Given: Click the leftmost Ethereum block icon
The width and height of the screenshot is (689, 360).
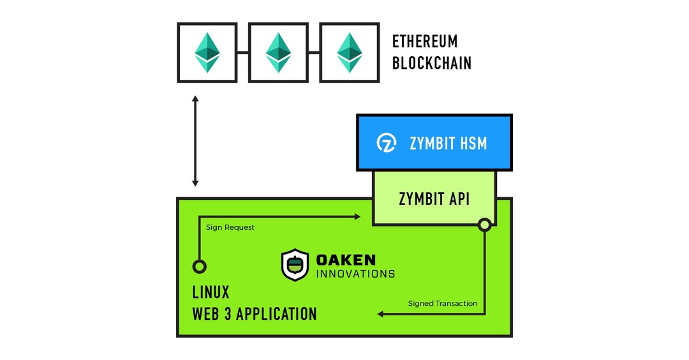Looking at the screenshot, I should tap(207, 52).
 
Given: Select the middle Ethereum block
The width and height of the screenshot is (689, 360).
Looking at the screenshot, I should tap(278, 52).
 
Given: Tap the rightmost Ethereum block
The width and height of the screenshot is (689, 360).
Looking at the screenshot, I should tap(349, 52).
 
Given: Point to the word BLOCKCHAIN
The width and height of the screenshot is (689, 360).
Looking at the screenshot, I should tap(431, 63).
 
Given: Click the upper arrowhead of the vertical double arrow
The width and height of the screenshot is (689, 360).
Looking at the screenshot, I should tap(196, 100).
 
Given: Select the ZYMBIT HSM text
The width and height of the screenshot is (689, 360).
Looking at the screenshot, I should tap(448, 144).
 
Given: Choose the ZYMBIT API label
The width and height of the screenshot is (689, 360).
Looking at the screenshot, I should tap(434, 199).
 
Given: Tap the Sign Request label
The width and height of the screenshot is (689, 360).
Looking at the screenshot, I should tap(230, 227).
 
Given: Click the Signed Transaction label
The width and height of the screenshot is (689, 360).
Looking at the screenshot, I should tap(442, 303).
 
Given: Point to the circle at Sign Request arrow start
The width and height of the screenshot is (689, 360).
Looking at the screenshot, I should tap(199, 266).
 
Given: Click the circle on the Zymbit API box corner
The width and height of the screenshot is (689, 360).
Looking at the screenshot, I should tap(484, 225).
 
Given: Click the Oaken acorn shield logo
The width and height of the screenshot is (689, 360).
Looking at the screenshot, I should tap(295, 266).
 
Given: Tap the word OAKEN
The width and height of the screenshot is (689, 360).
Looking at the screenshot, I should tap(346, 260).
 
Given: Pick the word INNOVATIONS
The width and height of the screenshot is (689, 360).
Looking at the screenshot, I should tap(355, 274).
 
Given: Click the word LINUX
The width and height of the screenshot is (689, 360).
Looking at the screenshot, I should tap(211, 293).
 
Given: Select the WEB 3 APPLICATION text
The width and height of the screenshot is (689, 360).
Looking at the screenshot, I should tap(254, 314).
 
